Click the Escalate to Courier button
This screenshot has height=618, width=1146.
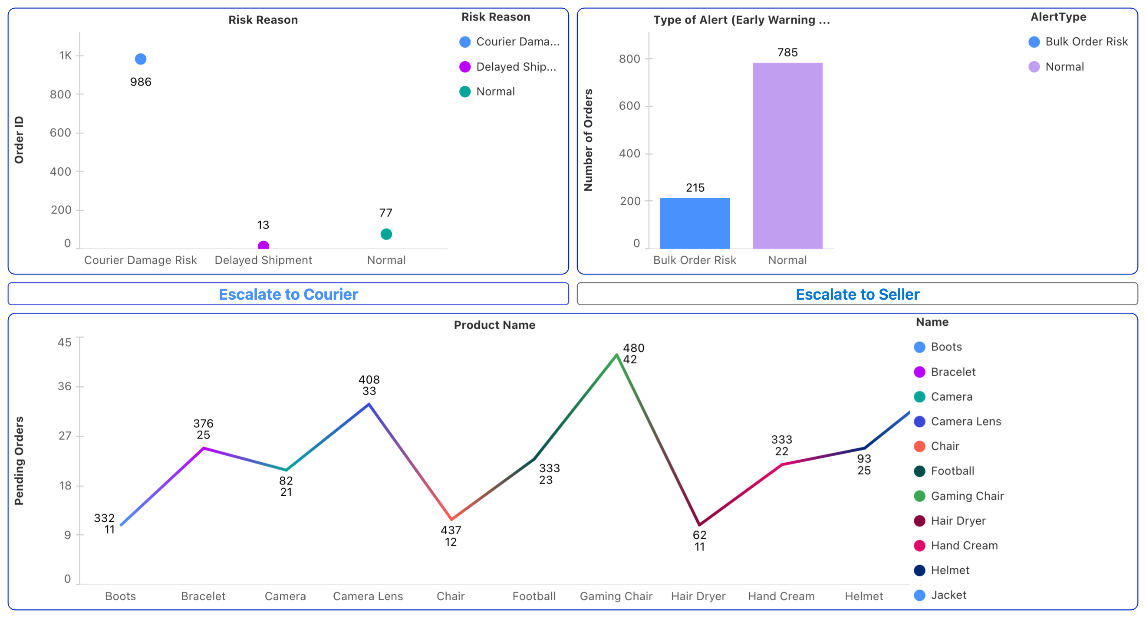(288, 294)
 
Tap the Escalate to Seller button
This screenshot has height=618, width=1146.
(857, 294)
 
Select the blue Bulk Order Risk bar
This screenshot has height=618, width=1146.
(695, 223)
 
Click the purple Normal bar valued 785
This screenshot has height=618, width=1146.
(787, 156)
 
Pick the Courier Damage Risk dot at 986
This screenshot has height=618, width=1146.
(141, 59)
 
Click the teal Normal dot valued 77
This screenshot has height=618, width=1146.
(386, 234)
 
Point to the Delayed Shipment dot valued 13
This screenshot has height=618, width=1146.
(263, 245)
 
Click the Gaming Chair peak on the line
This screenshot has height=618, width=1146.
(616, 355)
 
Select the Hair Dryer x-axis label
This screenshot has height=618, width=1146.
(698, 596)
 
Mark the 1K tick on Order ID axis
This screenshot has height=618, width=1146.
(66, 56)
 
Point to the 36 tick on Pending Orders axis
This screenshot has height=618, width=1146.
(65, 386)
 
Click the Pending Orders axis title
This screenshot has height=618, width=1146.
(19, 461)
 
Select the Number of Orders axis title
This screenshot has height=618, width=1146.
(588, 140)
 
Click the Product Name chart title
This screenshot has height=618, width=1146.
(494, 325)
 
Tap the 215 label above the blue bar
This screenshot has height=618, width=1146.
(695, 188)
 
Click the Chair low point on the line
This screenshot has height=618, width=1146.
(451, 519)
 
